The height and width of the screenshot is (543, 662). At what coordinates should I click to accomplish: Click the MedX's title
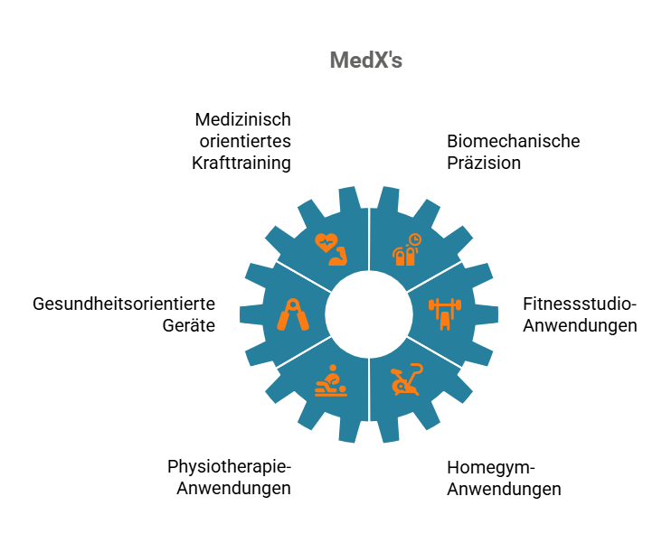tap(366, 60)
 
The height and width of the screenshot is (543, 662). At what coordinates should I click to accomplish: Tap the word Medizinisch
tap(242, 119)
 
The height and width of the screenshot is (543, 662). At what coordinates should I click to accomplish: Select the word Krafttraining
tap(241, 164)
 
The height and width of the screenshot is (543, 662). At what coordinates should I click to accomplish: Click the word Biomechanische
tap(514, 141)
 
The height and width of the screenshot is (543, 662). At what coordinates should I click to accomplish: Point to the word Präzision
tap(484, 163)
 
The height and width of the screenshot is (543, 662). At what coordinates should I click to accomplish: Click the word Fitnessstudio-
tap(580, 304)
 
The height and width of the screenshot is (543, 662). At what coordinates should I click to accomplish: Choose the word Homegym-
tap(491, 468)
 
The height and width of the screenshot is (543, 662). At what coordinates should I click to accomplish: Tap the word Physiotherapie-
tap(229, 466)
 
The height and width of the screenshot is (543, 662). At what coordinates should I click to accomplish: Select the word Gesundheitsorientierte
tap(124, 304)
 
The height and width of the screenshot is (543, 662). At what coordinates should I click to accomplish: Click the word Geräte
tap(189, 326)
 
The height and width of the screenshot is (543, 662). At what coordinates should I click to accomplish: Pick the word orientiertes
tap(245, 141)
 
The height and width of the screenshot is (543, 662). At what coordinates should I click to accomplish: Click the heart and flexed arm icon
tap(331, 249)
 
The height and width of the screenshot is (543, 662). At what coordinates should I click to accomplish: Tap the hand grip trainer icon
tap(293, 314)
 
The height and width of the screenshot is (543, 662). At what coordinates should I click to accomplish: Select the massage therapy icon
tap(331, 380)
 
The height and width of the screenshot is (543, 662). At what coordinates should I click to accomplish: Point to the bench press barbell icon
tap(445, 314)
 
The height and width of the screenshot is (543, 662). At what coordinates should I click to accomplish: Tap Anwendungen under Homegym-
tap(504, 490)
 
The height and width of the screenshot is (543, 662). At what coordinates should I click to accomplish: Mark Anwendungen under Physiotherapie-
tap(233, 488)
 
